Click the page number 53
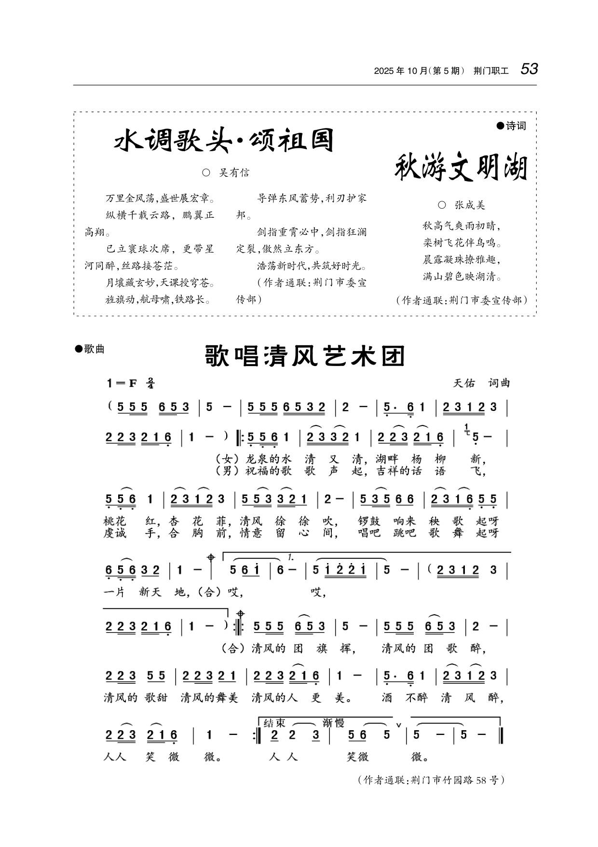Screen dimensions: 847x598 [x=529, y=70]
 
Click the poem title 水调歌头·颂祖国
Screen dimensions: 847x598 [x=224, y=141]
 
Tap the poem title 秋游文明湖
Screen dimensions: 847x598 [x=462, y=169]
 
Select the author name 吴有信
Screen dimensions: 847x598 [x=234, y=173]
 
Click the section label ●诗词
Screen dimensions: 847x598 [x=511, y=126]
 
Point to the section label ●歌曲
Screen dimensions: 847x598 [x=90, y=349]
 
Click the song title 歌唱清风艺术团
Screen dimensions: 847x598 [x=305, y=356]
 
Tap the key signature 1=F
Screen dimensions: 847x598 [x=122, y=383]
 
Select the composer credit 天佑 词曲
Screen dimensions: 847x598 [x=481, y=383]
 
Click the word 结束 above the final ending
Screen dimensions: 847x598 [x=275, y=723]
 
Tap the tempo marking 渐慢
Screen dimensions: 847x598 [x=333, y=723]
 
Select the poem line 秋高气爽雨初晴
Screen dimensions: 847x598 [x=462, y=226]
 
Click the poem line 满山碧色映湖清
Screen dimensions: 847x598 [x=462, y=277]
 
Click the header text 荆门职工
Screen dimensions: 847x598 [x=491, y=71]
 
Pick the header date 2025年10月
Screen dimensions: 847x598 [x=401, y=71]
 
